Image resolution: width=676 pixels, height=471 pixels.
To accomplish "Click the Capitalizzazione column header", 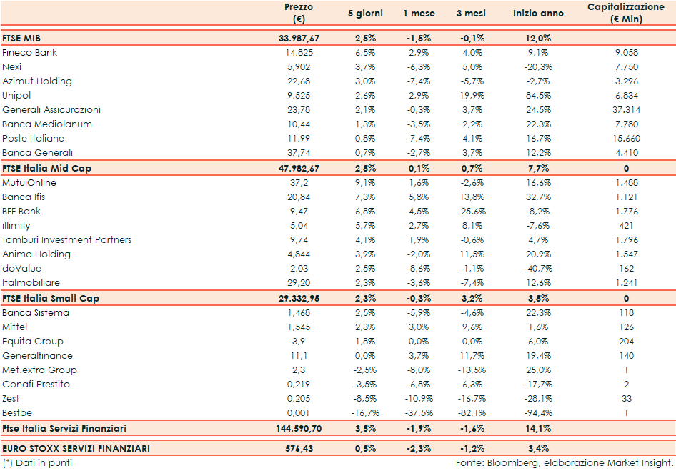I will point(625,13).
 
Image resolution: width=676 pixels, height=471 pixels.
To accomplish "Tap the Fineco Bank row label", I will point(30,53).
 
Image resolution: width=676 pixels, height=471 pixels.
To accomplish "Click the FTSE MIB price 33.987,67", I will point(299,38).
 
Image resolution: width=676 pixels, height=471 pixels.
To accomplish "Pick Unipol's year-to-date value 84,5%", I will point(538,96).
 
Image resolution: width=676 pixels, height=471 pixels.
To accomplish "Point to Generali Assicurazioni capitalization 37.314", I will point(625,110).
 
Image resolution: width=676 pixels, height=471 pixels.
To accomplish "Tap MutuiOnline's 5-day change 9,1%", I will point(365,183).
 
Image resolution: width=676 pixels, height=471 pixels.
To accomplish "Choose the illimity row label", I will point(16,226).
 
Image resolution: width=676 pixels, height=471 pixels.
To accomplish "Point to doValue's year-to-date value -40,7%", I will point(538,269).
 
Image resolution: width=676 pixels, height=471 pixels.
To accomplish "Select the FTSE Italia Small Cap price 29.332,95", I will point(299,298).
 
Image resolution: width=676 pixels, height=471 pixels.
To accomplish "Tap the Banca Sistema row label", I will point(36,313).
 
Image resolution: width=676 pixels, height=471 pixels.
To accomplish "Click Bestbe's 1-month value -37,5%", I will point(418,413).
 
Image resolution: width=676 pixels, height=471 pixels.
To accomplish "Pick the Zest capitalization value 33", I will point(625,399).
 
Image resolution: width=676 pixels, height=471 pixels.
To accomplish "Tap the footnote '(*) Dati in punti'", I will point(37,463).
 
